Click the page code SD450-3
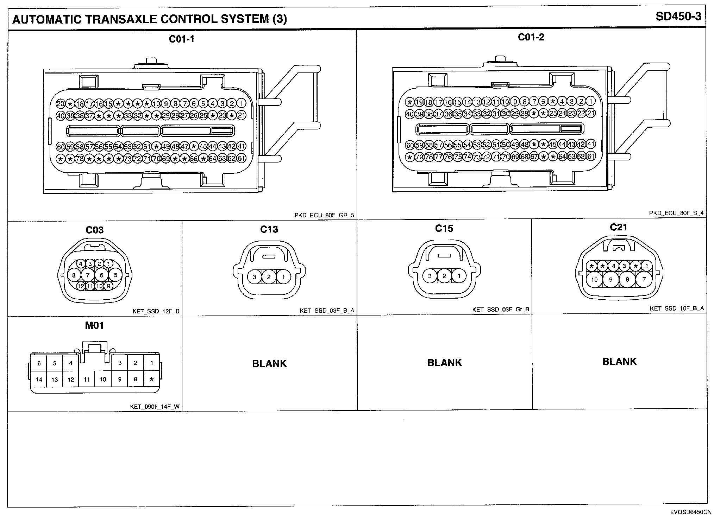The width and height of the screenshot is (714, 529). pos(678,17)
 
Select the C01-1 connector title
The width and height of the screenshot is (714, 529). pos(182,39)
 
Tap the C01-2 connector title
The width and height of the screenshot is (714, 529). pos(531,37)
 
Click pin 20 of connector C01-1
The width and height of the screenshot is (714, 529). pos(61,103)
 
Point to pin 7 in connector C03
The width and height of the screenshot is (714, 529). pos(88,275)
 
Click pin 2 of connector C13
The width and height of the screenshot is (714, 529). pos(269,277)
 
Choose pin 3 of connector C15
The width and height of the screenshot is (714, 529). pos(430,276)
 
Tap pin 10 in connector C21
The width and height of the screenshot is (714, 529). pos(594,280)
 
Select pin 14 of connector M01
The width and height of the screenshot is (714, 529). pos(39,380)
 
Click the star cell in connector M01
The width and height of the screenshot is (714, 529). pos(152,380)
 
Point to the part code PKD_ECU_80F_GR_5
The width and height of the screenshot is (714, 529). pos(324,215)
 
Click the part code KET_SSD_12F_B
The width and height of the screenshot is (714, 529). pos(156,311)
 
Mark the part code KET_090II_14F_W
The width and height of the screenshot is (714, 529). pos(155,407)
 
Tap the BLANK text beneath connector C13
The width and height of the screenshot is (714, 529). pos(270,363)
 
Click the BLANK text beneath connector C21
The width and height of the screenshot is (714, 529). pos(620,362)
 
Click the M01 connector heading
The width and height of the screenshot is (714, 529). pos(94,326)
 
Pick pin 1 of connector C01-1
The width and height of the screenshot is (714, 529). pos(242,103)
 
